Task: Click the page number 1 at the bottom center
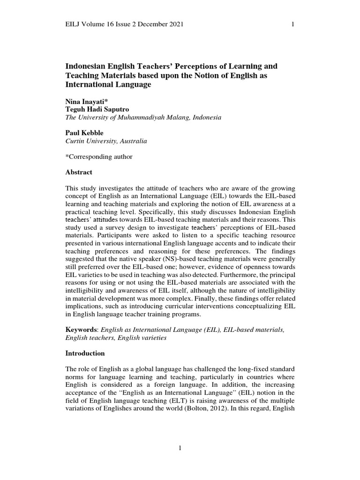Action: coord(180,449)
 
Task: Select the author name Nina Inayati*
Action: coord(86,101)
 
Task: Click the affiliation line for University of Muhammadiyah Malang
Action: coord(143,118)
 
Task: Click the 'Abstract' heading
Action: coord(78,172)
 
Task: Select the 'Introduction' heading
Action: coord(85,353)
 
